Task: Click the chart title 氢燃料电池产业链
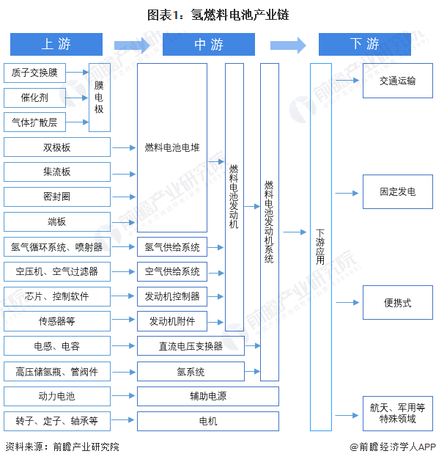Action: (218, 14)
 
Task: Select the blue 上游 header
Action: (56, 44)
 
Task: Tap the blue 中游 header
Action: (208, 44)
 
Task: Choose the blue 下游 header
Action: (364, 44)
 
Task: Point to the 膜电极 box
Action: (100, 98)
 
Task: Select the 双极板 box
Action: (57, 147)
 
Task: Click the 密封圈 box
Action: (57, 197)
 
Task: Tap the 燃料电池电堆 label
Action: (172, 147)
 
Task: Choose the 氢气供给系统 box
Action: (172, 246)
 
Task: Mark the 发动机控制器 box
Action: (172, 296)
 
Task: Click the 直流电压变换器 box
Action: (191, 346)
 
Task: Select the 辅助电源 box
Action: (207, 396)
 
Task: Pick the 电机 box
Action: (207, 421)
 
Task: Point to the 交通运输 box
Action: (397, 81)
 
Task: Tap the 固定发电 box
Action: (397, 191)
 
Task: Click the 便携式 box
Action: (397, 302)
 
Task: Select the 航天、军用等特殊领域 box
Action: (397, 413)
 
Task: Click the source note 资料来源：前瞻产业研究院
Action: (62, 447)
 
